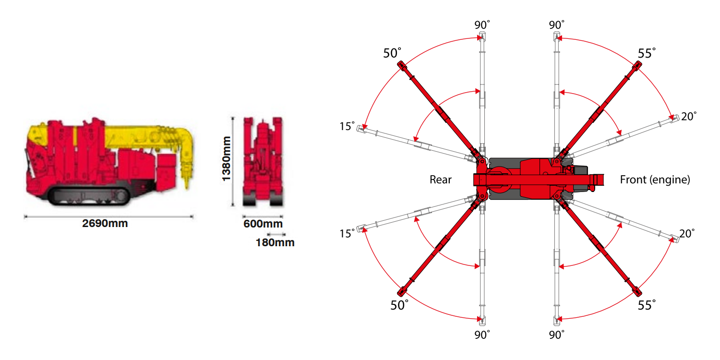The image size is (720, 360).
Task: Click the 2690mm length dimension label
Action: click(105, 223)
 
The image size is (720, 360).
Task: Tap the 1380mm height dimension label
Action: click(226, 159)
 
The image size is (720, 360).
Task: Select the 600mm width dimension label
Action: click(263, 224)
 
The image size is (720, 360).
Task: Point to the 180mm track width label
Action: click(275, 242)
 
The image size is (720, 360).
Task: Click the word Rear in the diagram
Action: click(440, 180)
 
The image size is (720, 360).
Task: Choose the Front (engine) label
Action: click(655, 180)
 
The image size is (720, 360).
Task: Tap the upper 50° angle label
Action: click(392, 53)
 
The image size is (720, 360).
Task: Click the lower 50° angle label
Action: click(399, 305)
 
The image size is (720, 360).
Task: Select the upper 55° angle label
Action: click(647, 53)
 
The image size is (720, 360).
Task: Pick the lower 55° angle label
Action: click(647, 305)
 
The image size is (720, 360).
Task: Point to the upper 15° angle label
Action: click(348, 126)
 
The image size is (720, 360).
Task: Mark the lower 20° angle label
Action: click(687, 233)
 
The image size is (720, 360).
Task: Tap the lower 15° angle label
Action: click(348, 233)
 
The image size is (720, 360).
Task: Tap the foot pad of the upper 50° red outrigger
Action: click(402, 66)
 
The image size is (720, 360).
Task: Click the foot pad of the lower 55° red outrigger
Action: click(637, 291)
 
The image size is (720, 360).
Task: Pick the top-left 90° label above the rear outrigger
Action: click(482, 25)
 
